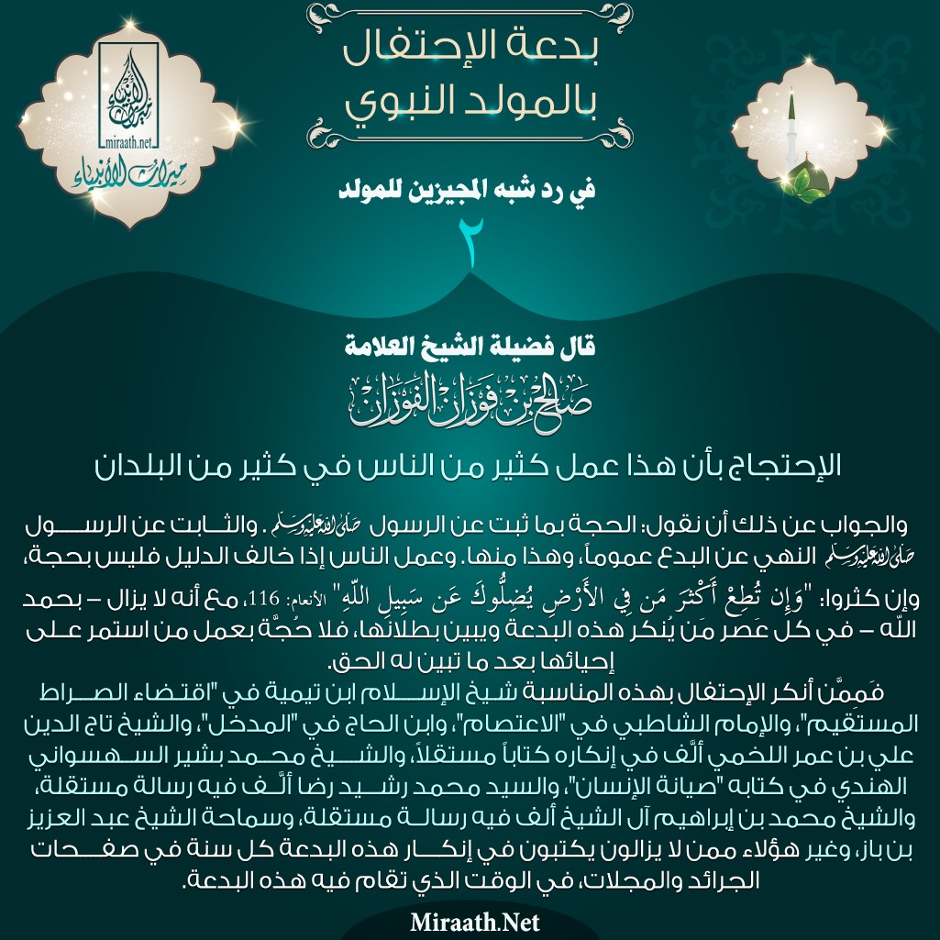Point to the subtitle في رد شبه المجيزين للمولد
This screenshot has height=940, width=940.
[x=470, y=192]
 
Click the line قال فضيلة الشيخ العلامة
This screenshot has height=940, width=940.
[x=470, y=348]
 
